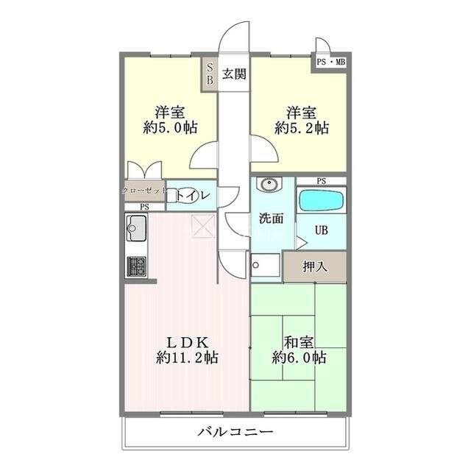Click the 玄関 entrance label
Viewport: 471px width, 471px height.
click(x=235, y=73)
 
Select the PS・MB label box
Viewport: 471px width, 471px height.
click(x=330, y=62)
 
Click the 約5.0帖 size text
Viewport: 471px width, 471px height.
click(x=170, y=127)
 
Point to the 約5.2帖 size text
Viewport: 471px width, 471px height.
click(x=302, y=127)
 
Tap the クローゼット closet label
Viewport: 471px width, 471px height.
click(x=144, y=190)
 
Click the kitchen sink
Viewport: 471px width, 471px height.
click(x=137, y=229)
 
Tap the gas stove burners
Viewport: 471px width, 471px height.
click(x=137, y=264)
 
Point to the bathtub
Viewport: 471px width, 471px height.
click(x=321, y=201)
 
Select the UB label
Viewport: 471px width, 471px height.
click(x=322, y=230)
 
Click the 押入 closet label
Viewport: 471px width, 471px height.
click(x=316, y=266)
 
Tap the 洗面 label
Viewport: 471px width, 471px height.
click(x=271, y=218)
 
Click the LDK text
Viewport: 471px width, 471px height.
click(x=187, y=342)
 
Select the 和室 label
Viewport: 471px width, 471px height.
click(x=300, y=342)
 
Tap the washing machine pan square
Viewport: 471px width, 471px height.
click(x=264, y=266)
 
